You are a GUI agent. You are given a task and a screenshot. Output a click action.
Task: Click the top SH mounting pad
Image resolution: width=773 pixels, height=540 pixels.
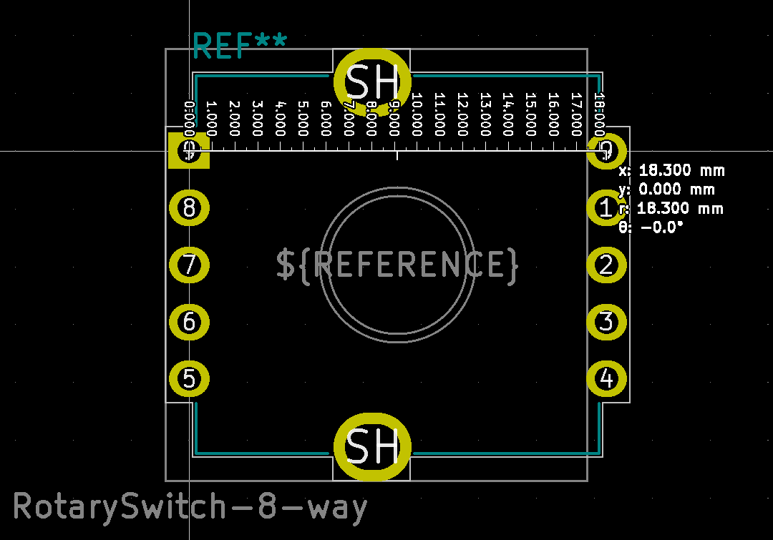(x=372, y=82)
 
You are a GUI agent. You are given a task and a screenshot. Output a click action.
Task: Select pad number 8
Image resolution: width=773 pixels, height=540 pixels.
(x=189, y=208)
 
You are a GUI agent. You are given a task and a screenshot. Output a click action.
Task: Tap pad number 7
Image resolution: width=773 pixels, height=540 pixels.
(x=189, y=265)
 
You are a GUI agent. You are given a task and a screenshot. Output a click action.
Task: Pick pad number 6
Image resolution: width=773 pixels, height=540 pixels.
(x=189, y=322)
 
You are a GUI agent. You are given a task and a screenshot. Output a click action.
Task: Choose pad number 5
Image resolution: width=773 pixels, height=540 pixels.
(x=189, y=378)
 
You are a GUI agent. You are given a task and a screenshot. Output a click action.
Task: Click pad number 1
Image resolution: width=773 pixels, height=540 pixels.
(x=606, y=208)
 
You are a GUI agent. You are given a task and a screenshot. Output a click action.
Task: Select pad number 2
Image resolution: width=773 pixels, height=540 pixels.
(x=606, y=265)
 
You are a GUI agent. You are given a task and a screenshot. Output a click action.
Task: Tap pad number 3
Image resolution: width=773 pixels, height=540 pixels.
(x=606, y=322)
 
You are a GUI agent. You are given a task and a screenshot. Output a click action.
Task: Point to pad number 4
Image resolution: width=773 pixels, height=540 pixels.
(x=606, y=377)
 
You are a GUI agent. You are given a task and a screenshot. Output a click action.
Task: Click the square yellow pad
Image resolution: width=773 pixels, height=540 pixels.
(x=188, y=151)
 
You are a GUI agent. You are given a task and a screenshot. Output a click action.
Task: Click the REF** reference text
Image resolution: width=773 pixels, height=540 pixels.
(x=239, y=46)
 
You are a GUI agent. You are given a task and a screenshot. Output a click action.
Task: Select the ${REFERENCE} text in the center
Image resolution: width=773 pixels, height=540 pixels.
(x=397, y=265)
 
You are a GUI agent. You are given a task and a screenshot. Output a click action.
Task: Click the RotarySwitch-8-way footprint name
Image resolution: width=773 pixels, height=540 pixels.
(x=190, y=506)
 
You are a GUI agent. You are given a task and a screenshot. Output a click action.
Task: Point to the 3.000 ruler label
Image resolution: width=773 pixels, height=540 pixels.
(x=257, y=117)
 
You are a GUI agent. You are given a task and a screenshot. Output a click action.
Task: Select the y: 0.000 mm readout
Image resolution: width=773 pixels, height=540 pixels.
(x=666, y=190)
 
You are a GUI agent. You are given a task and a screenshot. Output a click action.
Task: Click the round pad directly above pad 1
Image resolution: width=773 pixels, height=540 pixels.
(x=606, y=151)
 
